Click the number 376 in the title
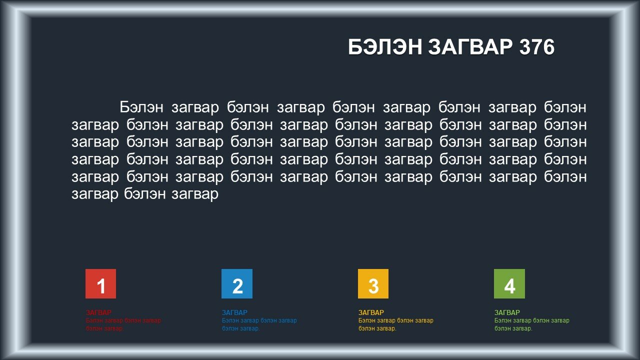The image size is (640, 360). [537, 47]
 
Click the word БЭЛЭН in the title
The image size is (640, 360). [385, 47]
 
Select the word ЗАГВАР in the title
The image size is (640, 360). [470, 47]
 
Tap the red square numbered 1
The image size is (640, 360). [100, 283]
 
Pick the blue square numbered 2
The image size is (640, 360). [237, 283]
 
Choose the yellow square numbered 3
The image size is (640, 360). [373, 283]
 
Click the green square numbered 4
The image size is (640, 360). [509, 283]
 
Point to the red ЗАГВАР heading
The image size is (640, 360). [98, 312]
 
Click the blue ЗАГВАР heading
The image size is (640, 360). [235, 312]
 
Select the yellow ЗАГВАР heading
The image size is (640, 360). [371, 312]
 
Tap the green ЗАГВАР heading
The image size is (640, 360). [507, 312]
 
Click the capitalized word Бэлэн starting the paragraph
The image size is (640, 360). [141, 107]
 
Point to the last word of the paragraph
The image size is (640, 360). [195, 194]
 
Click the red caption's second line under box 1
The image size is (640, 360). [104, 328]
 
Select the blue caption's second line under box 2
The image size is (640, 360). [241, 328]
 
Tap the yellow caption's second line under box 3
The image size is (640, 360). [377, 328]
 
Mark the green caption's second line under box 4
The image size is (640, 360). [513, 328]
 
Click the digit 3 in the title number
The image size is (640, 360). [525, 47]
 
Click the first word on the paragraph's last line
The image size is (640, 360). [95, 194]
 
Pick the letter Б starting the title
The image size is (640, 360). [354, 47]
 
